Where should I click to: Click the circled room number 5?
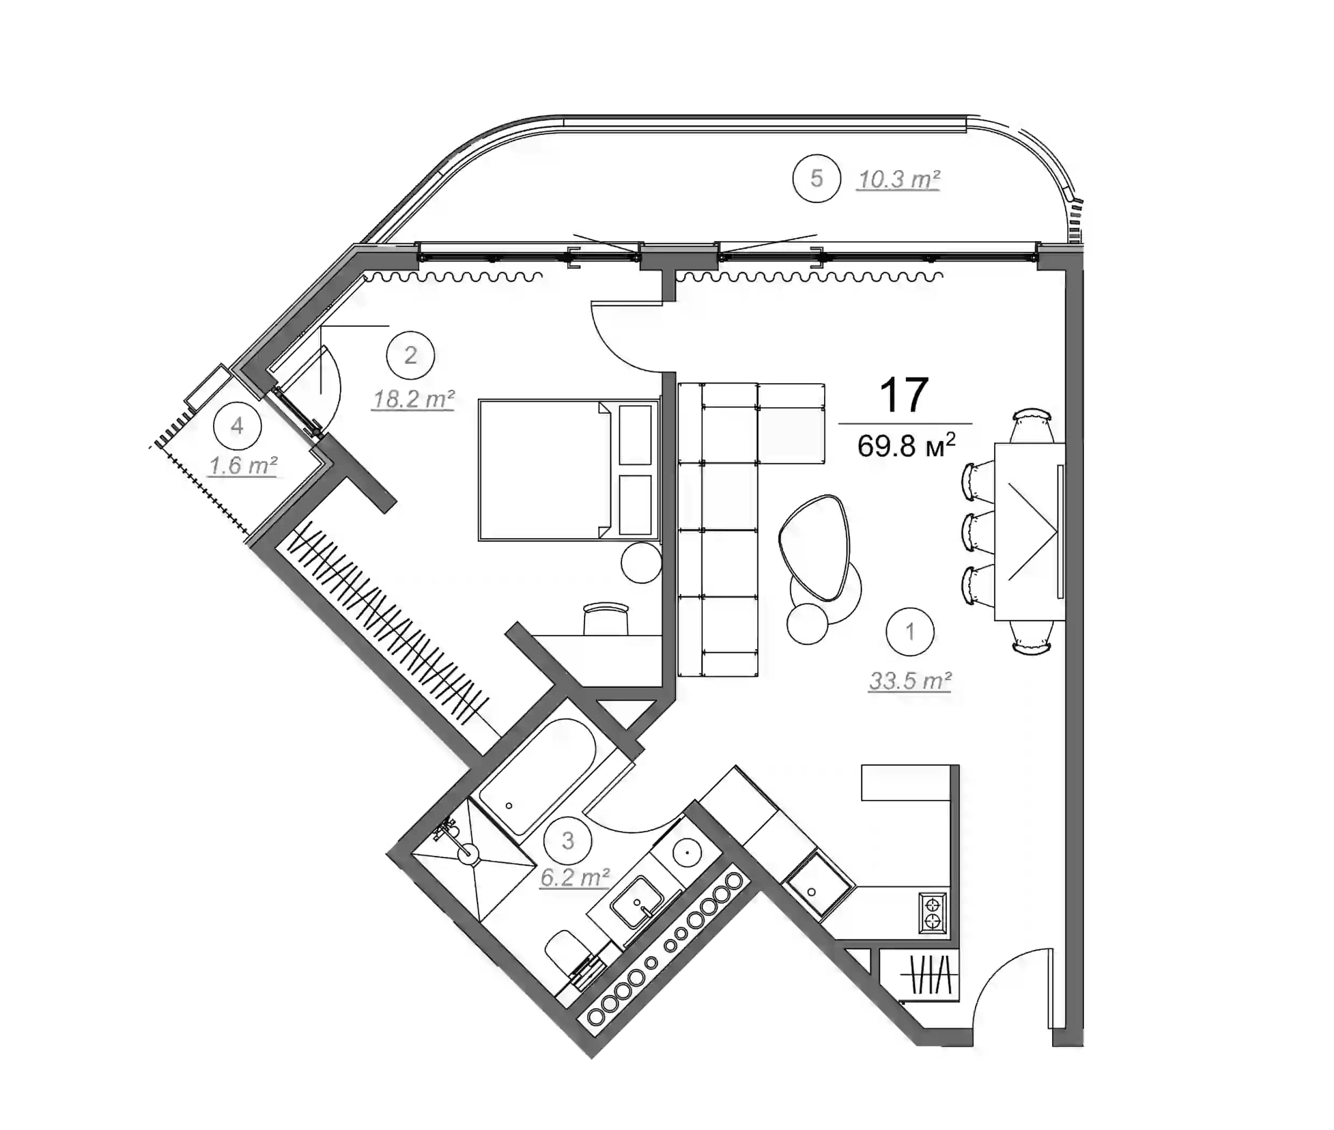(816, 178)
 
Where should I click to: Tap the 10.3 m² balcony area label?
(898, 180)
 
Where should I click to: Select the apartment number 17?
(904, 395)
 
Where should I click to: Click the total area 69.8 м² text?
(905, 445)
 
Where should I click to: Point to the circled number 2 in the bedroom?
(410, 355)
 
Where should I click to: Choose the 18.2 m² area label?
(413, 399)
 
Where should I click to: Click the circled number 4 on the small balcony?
(237, 426)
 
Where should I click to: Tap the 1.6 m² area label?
(243, 465)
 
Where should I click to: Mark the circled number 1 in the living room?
(910, 632)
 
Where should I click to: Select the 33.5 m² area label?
(910, 680)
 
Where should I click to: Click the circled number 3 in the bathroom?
(567, 841)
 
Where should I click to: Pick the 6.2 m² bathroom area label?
(574, 877)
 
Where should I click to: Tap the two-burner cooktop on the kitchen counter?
(932, 913)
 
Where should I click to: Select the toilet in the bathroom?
(567, 954)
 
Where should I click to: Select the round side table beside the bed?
(641, 562)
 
